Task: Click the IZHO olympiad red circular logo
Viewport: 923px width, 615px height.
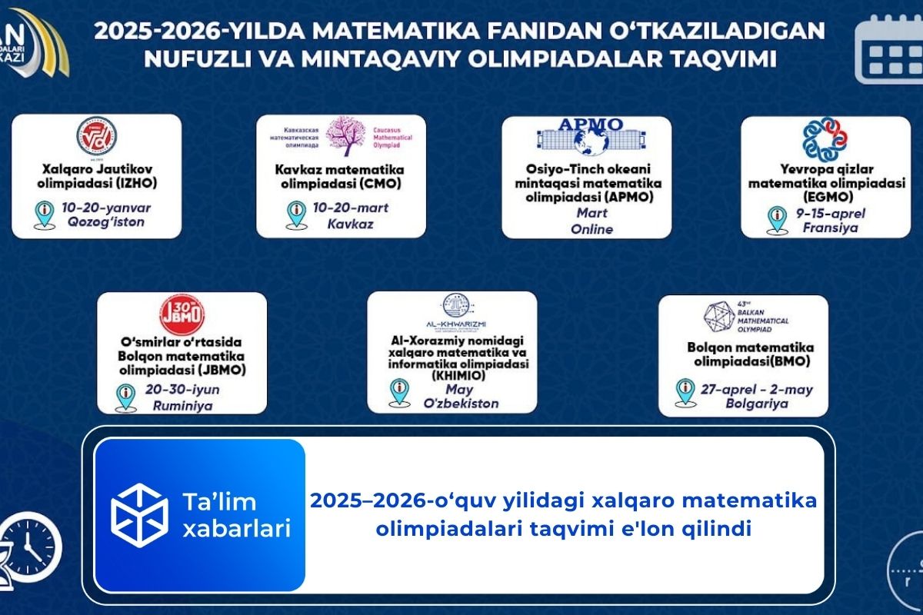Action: [96, 137]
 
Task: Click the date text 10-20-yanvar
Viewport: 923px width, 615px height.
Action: [115, 208]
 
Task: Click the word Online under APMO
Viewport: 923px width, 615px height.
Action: [591, 229]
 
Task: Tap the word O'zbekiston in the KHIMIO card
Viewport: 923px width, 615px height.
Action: [461, 404]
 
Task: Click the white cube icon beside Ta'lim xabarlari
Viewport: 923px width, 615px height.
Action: [139, 515]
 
